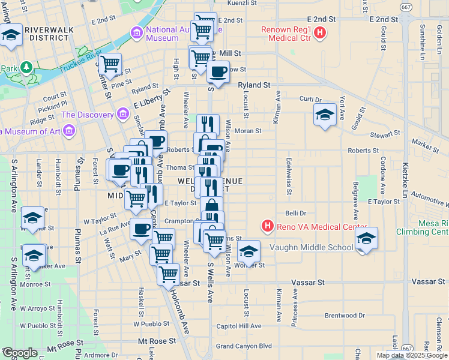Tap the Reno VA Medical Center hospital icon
coord(267,226)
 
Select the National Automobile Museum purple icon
coord(137,31)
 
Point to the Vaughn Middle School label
coord(312,247)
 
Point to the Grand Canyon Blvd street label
coord(244,346)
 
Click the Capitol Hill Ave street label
coord(239,326)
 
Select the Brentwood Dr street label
coord(345,315)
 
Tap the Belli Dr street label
coord(296,213)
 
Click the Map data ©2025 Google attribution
coord(412,355)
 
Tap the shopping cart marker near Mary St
coord(160,254)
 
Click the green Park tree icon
coord(26,67)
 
